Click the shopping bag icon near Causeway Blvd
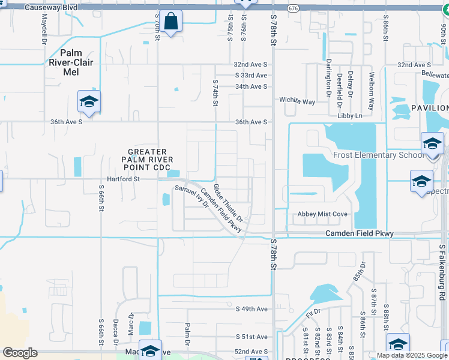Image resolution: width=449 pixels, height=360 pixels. [171, 22]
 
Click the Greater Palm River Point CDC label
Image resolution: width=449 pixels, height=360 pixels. [147, 159]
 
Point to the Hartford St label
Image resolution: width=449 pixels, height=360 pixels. [123, 179]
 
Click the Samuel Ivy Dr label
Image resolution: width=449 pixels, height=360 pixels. [191, 196]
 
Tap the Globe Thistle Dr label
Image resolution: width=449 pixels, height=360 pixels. [228, 201]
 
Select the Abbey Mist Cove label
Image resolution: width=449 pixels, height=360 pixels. [322, 214]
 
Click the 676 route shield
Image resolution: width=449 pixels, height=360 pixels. [293, 8]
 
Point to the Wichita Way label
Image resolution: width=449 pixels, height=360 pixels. [297, 101]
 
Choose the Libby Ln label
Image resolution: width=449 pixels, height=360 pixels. [351, 115]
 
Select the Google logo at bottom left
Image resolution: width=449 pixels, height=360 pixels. [20, 352]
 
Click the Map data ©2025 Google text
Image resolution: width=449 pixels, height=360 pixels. [412, 355]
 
